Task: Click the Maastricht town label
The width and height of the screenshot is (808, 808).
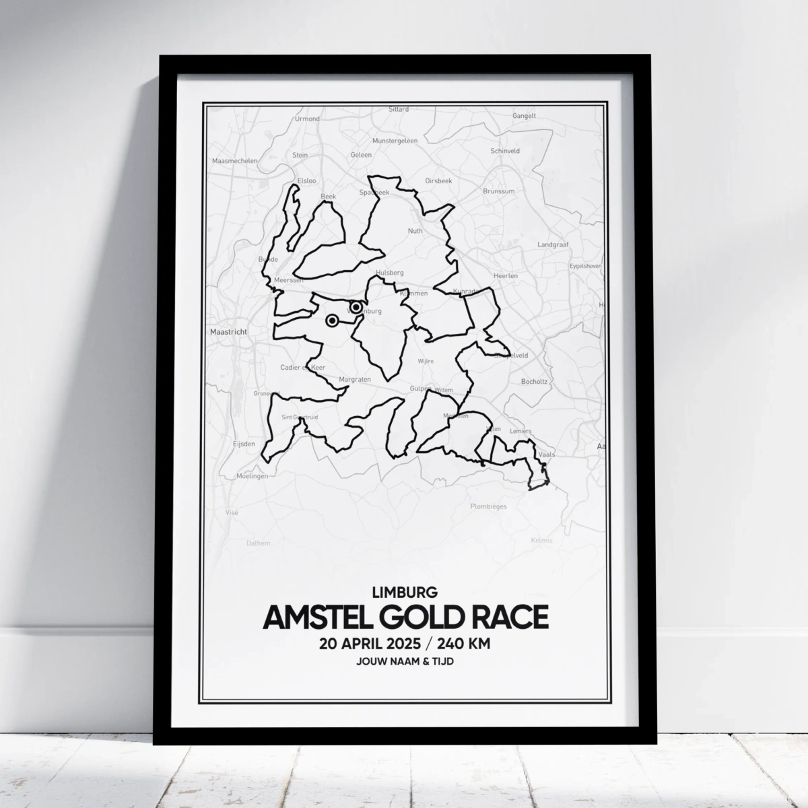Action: [229, 332]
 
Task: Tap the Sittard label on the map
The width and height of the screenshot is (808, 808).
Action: [399, 108]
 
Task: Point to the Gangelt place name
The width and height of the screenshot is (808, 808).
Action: [524, 116]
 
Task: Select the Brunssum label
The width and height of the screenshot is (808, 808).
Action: [498, 191]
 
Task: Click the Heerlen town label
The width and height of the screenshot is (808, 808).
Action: [505, 276]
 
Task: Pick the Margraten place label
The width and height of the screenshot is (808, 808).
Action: [355, 380]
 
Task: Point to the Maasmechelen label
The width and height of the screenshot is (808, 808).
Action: [231, 162]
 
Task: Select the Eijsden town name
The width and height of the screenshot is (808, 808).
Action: [244, 444]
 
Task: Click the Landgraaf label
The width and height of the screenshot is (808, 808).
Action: [553, 244]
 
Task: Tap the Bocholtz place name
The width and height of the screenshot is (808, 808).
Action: [535, 382]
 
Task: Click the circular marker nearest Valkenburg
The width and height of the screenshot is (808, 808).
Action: [356, 308]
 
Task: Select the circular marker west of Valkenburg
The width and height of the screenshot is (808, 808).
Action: [332, 321]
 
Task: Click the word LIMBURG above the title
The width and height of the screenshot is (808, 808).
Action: [405, 593]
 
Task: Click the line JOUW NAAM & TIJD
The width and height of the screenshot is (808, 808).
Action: [405, 663]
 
